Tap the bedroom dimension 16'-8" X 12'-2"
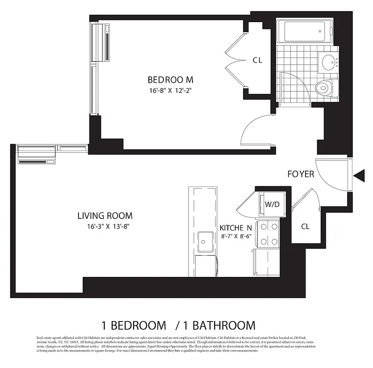(x=170, y=90)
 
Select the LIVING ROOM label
(x=105, y=215)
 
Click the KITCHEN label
(x=236, y=228)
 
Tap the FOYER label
(x=301, y=174)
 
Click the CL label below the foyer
(x=305, y=227)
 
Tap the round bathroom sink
(x=328, y=62)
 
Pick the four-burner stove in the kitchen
(x=268, y=234)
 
